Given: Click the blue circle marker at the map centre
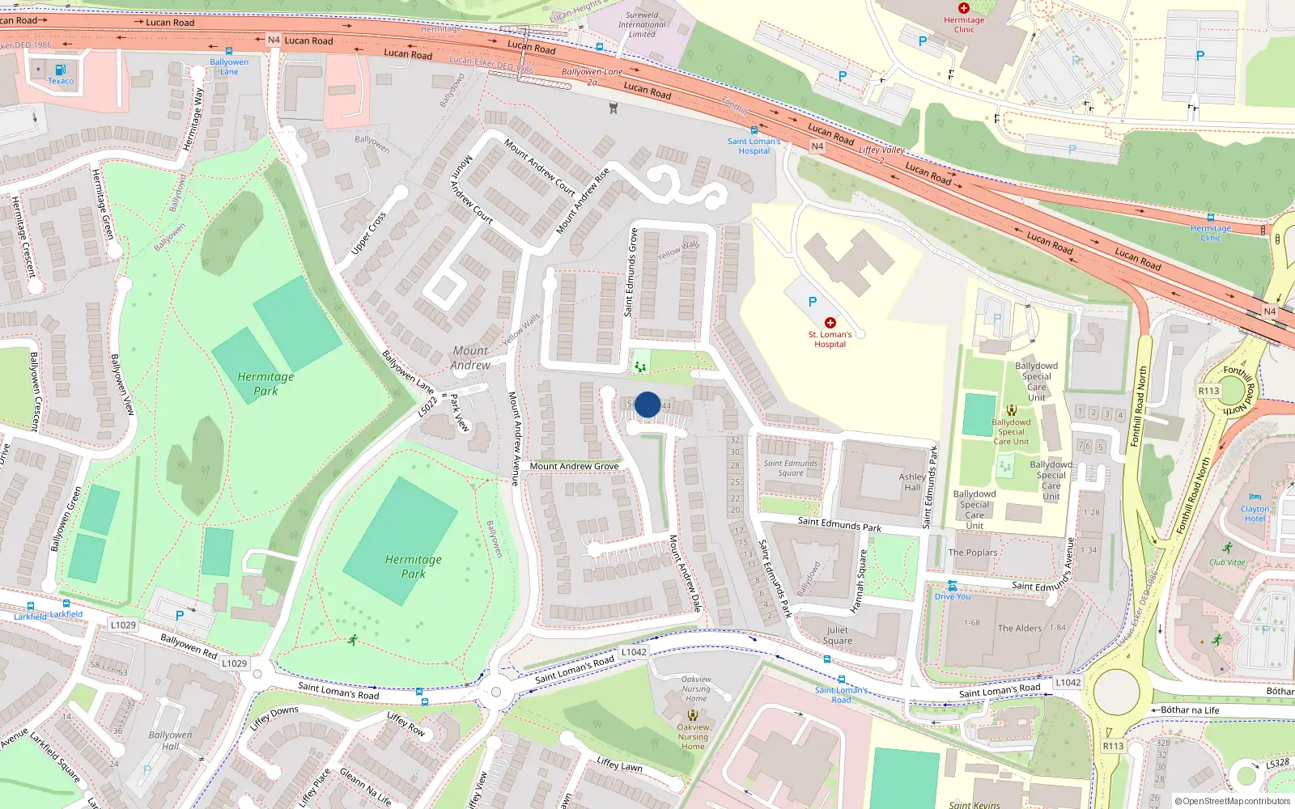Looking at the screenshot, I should (647, 404).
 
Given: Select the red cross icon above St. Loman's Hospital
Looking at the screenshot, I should (830, 323).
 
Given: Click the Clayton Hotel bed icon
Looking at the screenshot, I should (1255, 498).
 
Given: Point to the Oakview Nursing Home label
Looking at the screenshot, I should (693, 736).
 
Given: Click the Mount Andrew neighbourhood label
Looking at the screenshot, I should (471, 358).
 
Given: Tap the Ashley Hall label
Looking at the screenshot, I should (912, 482).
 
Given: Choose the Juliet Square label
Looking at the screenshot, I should (838, 635).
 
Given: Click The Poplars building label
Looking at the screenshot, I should (973, 553).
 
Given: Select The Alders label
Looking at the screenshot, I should (1020, 628).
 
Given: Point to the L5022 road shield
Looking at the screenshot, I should (427, 406).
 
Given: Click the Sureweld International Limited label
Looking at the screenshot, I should (642, 24).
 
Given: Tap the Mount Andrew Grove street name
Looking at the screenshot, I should (574, 466).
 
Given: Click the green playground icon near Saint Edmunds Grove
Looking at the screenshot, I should (640, 367).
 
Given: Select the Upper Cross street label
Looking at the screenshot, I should (369, 234).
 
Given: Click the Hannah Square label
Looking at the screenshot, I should (860, 580).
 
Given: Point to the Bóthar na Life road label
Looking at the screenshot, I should (1190, 710).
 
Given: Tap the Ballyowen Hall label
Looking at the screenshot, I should (170, 740).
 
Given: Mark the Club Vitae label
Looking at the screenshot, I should (1227, 562).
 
